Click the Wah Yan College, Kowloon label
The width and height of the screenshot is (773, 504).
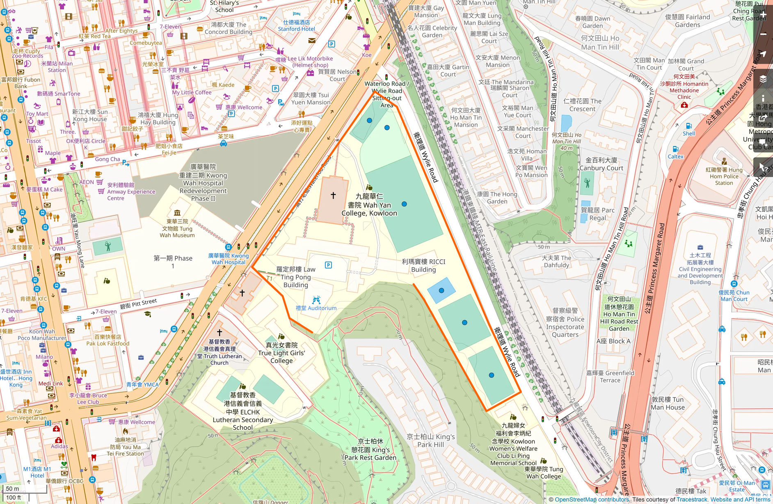[369, 205]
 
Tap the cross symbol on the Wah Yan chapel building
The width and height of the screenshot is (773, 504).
[333, 195]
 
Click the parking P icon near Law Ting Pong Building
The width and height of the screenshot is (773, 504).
[328, 265]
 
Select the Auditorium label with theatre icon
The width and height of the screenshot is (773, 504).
[316, 308]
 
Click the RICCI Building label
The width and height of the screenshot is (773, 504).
[423, 266]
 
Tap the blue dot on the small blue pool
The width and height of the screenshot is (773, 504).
[441, 291]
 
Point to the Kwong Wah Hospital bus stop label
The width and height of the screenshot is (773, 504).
[229, 259]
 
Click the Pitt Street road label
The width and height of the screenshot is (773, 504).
[138, 304]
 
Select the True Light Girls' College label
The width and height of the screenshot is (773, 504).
[281, 353]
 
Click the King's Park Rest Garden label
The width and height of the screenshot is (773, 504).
[370, 450]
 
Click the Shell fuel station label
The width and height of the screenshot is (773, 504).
[689, 134]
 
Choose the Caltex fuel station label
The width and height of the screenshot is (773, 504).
[675, 157]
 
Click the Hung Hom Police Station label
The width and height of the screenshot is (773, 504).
[724, 176]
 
